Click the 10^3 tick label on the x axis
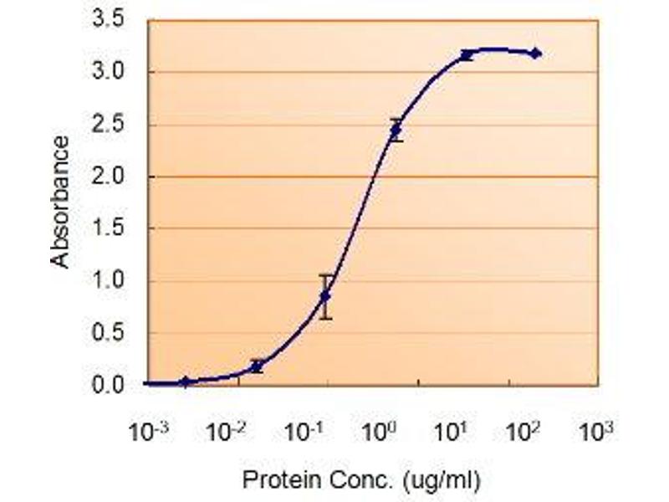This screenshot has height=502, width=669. click(595, 433)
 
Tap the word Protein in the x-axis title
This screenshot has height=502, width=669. click(270, 481)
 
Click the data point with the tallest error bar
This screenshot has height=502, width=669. click(326, 296)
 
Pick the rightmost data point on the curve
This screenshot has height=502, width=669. click(536, 54)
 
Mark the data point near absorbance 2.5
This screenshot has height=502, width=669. click(396, 130)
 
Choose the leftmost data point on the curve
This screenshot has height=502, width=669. click(186, 382)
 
